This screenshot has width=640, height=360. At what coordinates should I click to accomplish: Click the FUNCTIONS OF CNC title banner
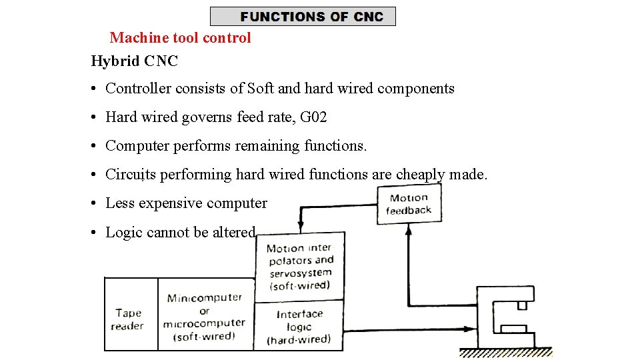pos(303,17)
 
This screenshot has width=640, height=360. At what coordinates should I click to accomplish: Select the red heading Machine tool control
pos(180,38)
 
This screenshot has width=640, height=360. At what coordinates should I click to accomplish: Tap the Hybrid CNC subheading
pos(134,61)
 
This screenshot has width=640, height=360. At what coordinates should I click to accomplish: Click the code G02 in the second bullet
pos(313,117)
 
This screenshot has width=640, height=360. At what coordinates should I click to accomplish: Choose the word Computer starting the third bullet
pos(137,146)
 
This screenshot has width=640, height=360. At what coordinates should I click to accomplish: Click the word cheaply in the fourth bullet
pos(420,175)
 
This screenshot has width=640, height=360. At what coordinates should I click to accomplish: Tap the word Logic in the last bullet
pos(124,233)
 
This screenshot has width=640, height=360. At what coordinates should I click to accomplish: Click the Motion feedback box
pos(409,204)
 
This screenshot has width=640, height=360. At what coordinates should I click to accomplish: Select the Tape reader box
pos(129,319)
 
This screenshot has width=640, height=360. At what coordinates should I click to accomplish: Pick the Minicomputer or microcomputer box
pos(205,317)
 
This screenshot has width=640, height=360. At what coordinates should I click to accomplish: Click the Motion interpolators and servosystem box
pos(300,266)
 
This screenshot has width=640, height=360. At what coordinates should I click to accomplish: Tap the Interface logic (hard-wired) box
pos(299,325)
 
